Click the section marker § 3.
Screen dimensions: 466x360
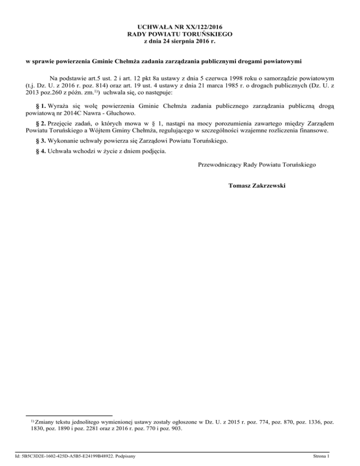(41, 141)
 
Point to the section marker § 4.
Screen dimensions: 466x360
(41, 151)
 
